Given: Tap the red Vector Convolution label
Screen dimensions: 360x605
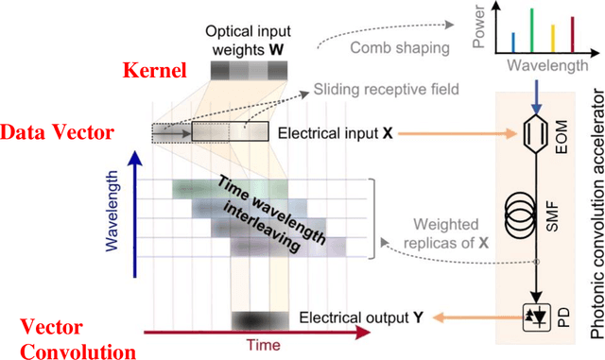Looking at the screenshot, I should click(x=57, y=337).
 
